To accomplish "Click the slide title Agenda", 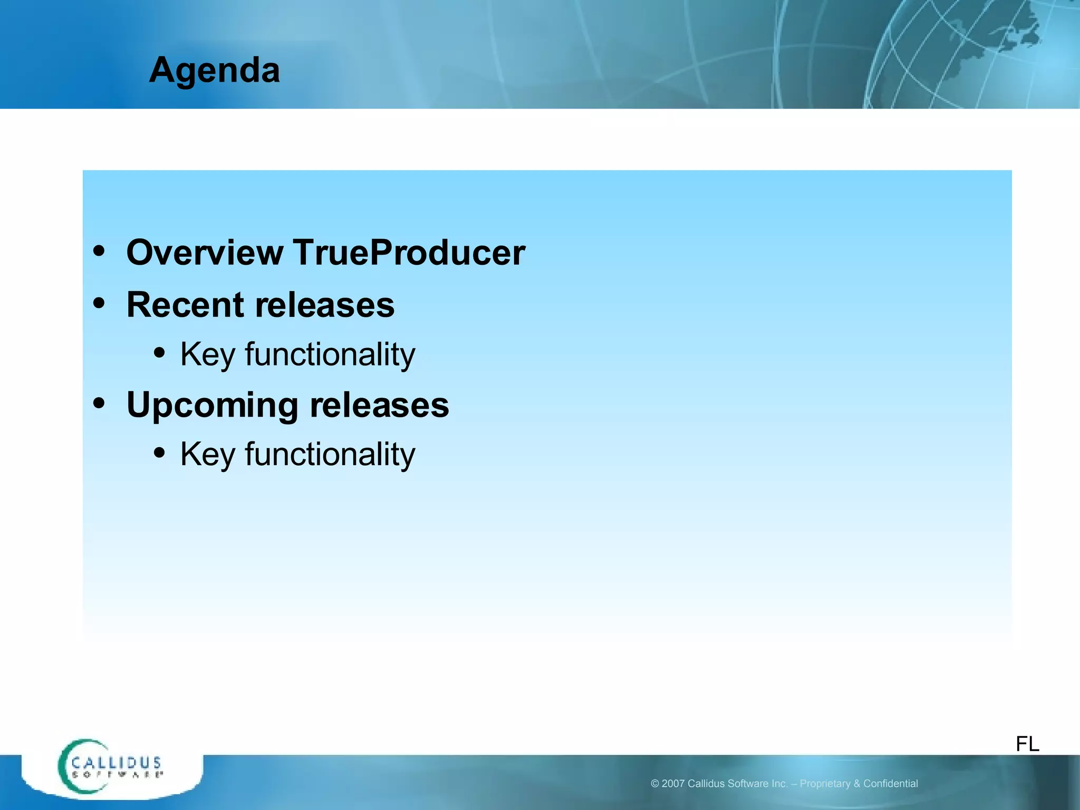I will click(214, 71).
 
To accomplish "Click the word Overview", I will click(205, 253).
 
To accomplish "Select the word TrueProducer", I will click(409, 253).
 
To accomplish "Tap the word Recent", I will click(186, 305).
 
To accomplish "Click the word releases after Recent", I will click(325, 305).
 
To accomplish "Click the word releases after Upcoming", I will click(379, 406).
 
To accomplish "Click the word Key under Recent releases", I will click(207, 354).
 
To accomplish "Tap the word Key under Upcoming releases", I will click(207, 455).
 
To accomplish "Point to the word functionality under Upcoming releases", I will click(330, 454).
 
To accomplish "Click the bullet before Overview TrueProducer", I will click(99, 251).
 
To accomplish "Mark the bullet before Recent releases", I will click(99, 303).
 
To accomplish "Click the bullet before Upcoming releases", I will click(99, 403).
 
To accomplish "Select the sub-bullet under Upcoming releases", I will click(159, 452).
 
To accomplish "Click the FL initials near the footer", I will click(1027, 744).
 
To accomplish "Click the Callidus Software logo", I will click(111, 767).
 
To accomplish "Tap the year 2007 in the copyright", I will click(673, 784).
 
